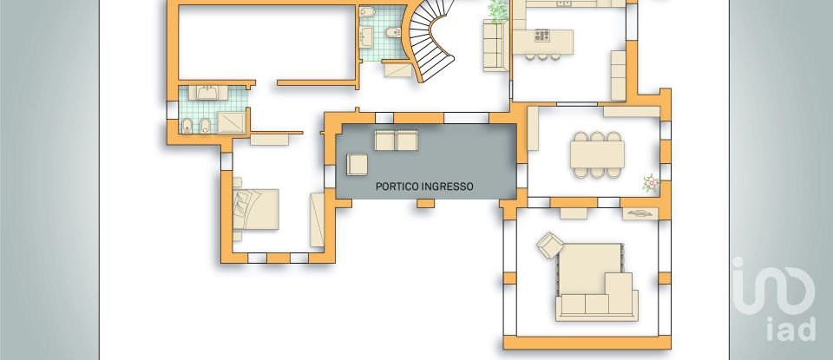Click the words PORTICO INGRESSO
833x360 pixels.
click(x=424, y=186)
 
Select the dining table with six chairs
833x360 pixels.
click(x=597, y=154)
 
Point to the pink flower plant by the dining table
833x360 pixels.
click(x=650, y=183)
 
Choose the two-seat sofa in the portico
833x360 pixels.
click(x=396, y=141)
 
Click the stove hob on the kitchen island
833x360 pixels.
click(x=543, y=36)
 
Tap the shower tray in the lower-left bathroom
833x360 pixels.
click(x=232, y=121)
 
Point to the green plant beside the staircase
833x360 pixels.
click(x=498, y=10)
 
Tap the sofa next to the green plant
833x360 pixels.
click(x=494, y=45)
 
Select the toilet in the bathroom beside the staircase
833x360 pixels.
click(x=389, y=36)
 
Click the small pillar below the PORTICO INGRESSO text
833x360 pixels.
click(x=425, y=203)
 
